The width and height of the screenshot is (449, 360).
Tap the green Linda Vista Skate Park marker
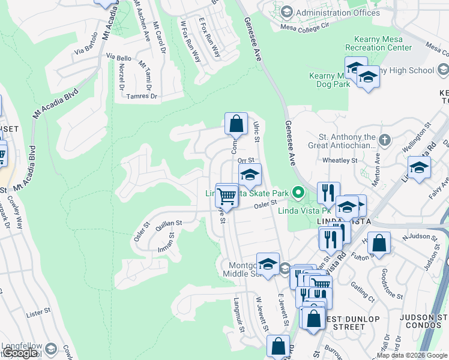coord(297,193)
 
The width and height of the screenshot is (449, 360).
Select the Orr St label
coord(247,160)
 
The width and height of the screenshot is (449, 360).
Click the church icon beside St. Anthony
coord(384,140)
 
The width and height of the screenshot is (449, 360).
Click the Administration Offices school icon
coord(286,13)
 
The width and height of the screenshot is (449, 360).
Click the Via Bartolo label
coord(86,52)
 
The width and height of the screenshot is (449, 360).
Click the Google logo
coord(20,353)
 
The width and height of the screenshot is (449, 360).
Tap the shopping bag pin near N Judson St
coord(379,243)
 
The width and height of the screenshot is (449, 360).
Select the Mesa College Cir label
coord(306,26)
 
